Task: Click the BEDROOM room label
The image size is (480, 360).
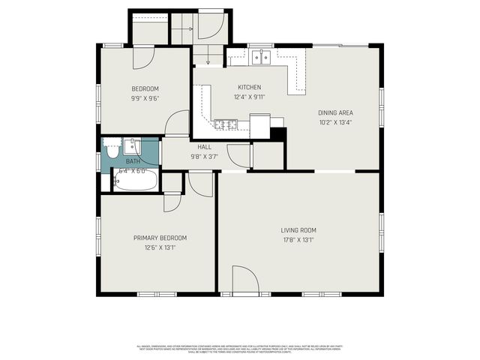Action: [145, 88]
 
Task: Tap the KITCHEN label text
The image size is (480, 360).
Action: [250, 87]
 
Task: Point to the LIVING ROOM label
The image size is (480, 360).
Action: [298, 230]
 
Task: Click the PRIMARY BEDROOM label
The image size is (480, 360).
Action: [160, 238]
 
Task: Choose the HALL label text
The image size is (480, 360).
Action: [204, 147]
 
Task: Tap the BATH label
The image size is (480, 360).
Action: [133, 161]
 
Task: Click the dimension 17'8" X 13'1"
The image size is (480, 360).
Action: [298, 240]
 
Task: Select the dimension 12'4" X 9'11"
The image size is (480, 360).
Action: [250, 97]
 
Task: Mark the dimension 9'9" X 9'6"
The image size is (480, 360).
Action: [145, 97]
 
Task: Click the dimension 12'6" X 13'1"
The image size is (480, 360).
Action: [160, 247]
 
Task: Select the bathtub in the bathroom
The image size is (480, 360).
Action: [136, 181]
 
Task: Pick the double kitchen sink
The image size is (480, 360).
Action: [262, 56]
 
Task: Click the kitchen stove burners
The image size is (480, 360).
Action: [226, 124]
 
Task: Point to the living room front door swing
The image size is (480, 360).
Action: [244, 279]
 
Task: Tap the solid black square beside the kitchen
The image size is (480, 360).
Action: [278, 134]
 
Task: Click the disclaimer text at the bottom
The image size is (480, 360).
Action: [240, 348]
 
